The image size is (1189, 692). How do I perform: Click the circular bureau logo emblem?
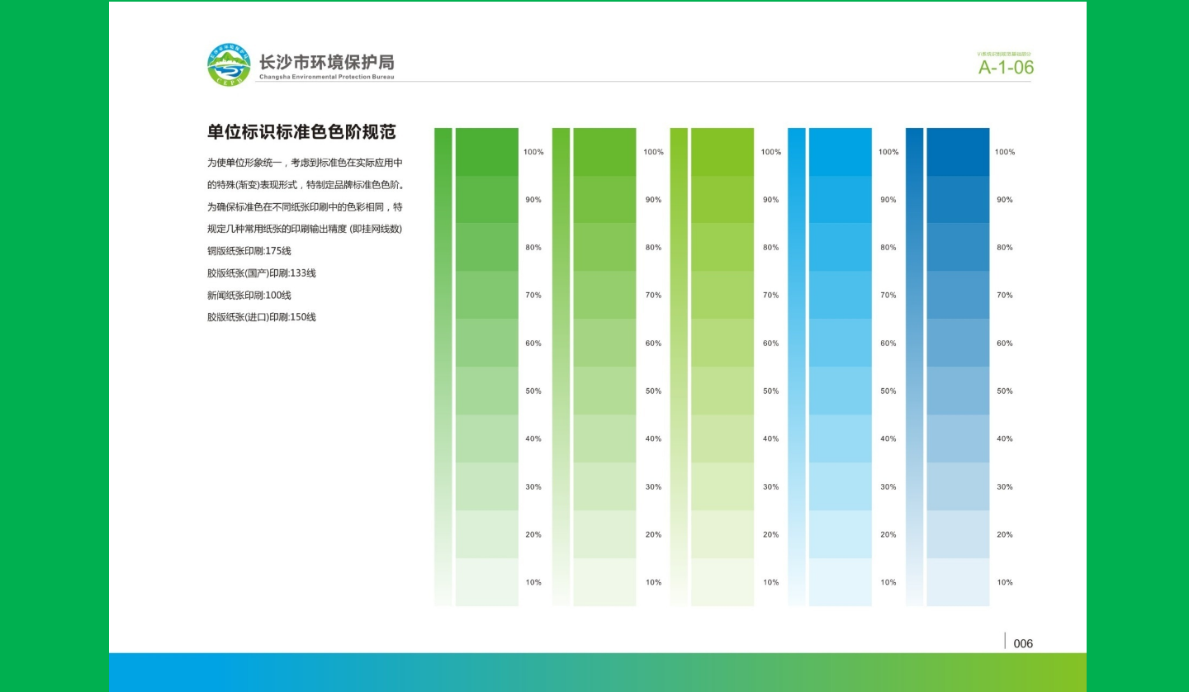tap(229, 65)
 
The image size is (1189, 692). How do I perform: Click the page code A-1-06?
tap(1006, 68)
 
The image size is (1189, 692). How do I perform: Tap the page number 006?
tap(1023, 644)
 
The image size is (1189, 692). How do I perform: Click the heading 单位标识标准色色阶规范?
tap(301, 132)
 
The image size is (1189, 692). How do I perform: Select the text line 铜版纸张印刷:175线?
tap(249, 251)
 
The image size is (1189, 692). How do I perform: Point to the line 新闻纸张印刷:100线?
tap(249, 296)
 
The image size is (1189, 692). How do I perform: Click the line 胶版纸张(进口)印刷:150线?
tap(262, 317)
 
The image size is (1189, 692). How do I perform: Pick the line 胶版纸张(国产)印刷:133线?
tap(262, 273)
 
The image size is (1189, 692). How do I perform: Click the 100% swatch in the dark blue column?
tap(958, 152)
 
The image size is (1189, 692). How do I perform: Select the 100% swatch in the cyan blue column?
tap(840, 152)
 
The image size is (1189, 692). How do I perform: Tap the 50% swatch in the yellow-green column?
tap(722, 391)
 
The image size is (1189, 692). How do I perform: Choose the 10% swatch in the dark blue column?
tap(958, 582)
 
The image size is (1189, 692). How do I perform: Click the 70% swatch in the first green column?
tap(486, 295)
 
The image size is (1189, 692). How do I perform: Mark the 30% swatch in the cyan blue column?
tap(840, 486)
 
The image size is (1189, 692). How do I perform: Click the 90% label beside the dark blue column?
tap(1004, 200)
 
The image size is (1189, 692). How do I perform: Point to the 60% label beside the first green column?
tap(533, 344)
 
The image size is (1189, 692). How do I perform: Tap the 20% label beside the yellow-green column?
tap(770, 535)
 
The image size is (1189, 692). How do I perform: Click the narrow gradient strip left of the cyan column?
tap(796, 367)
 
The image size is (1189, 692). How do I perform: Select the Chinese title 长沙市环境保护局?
tap(326, 62)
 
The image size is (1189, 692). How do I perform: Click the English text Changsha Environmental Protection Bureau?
tap(326, 77)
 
